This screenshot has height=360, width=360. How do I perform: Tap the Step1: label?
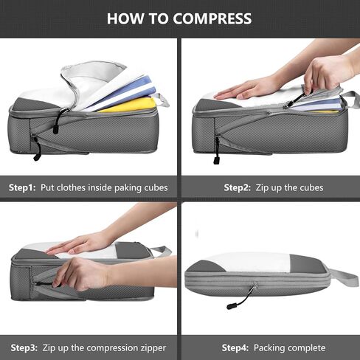(22, 187)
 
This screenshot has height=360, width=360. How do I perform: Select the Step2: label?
(235, 187)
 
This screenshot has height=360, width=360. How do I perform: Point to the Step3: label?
(22, 347)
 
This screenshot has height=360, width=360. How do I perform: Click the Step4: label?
(235, 347)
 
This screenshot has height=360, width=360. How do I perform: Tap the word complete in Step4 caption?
(303, 347)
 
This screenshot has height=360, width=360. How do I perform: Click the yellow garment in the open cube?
(129, 105)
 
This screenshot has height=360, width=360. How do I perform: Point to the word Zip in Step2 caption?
(263, 187)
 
